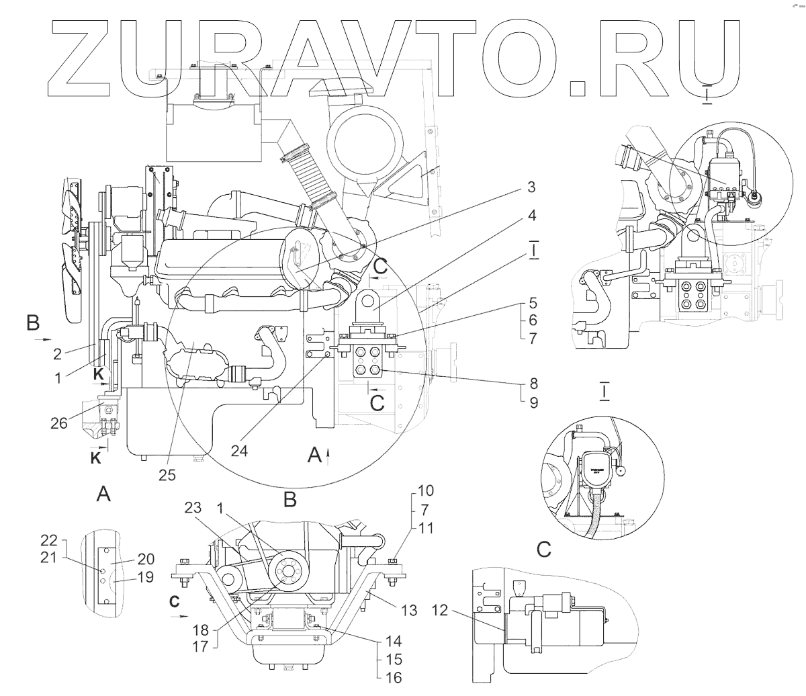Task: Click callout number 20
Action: (x=146, y=558)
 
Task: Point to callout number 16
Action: (x=394, y=679)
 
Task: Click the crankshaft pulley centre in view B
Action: (x=287, y=572)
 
